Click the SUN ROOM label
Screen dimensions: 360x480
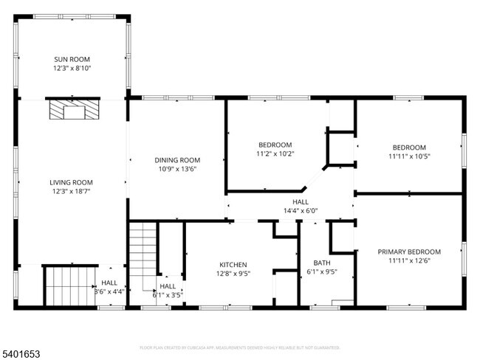point(72,59)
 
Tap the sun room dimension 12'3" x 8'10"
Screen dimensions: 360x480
point(72,68)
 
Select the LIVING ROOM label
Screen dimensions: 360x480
point(70,182)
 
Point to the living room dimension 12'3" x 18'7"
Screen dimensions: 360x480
point(70,191)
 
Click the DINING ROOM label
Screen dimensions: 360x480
point(177,160)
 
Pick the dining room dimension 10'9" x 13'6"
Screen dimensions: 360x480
point(177,169)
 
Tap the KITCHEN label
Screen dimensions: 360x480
point(233,265)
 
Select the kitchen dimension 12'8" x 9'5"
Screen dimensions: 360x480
point(233,274)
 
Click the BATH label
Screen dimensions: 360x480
point(322,262)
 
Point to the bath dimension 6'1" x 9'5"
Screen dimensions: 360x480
point(322,271)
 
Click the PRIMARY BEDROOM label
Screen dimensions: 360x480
point(408,252)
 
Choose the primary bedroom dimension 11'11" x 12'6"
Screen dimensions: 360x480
point(408,260)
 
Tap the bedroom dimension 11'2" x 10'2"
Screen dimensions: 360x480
point(275,153)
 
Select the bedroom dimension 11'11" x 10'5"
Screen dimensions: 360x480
point(408,156)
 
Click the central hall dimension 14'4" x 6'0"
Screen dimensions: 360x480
point(301,210)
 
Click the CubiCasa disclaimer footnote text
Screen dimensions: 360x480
point(239,347)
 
